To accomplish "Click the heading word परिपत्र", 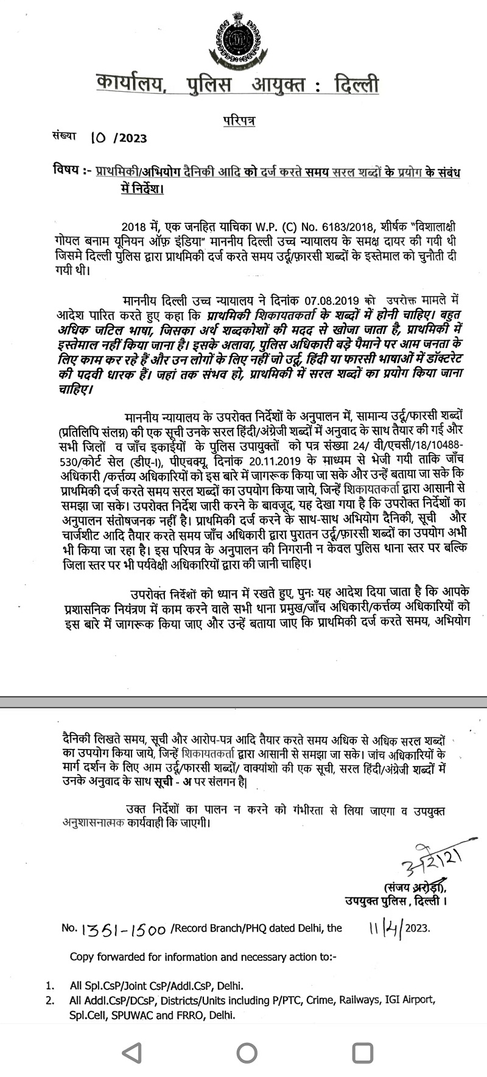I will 239,120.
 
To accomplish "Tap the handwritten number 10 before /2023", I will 97,138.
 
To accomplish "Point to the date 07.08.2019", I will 334,301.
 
